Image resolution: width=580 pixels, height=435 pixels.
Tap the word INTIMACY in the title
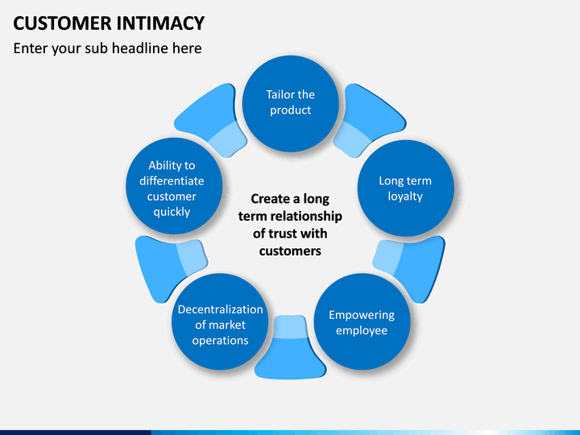tap(160, 23)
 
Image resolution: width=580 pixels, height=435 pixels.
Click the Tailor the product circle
tap(290, 104)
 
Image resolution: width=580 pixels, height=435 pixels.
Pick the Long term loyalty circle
tap(405, 188)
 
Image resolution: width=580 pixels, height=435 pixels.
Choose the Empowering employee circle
tap(362, 321)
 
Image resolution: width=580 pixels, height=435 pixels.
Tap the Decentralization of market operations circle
tap(220, 321)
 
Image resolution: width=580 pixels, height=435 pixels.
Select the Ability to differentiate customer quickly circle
tap(174, 186)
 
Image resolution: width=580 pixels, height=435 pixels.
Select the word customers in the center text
tap(290, 251)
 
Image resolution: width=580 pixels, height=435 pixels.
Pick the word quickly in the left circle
tap(172, 213)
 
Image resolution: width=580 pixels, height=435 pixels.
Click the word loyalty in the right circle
tap(405, 197)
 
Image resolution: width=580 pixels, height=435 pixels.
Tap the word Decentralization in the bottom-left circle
tap(221, 309)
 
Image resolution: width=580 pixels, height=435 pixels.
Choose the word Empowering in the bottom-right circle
tap(362, 315)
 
